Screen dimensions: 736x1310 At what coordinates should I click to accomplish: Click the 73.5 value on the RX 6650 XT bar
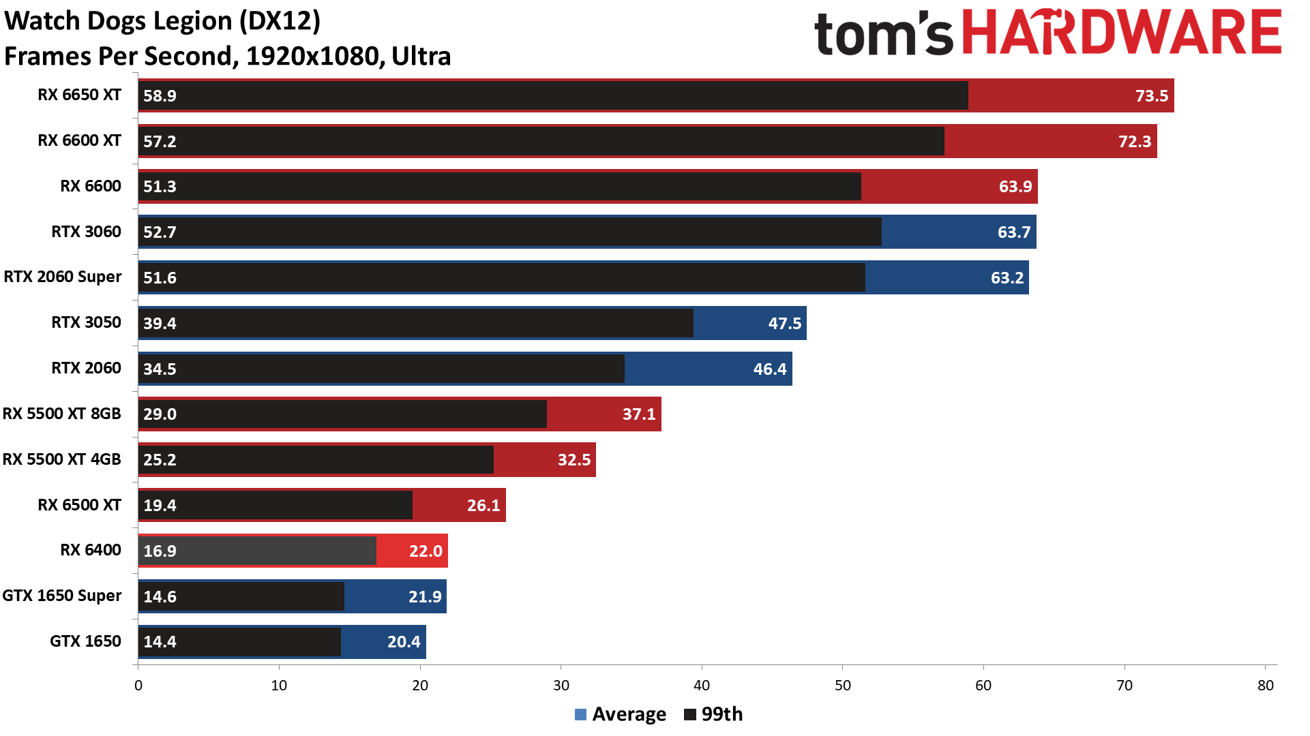[1151, 96]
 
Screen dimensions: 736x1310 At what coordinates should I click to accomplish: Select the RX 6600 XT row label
[79, 140]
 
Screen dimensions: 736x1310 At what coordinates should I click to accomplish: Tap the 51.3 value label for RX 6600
[160, 187]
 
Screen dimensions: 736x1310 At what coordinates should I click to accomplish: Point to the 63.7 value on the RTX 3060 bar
[1013, 232]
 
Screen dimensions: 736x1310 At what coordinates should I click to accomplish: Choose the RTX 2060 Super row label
[63, 277]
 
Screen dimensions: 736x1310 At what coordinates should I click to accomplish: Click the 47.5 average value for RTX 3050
[784, 323]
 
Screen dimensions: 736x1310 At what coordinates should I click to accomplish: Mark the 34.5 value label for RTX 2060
[160, 369]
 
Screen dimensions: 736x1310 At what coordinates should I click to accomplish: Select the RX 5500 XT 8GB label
[62, 414]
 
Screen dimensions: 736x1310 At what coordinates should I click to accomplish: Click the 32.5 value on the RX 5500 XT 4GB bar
[574, 460]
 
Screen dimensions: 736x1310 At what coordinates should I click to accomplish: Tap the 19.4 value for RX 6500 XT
[160, 506]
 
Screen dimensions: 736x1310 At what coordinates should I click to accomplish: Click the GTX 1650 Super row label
[62, 596]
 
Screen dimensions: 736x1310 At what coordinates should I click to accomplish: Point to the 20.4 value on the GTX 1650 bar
[403, 642]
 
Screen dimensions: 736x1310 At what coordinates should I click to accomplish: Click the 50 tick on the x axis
[842, 686]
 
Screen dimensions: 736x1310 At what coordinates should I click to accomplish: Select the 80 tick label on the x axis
[1265, 686]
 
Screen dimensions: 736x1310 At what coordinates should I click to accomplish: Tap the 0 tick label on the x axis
[138, 686]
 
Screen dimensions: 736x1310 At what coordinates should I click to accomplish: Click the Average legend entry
[620, 714]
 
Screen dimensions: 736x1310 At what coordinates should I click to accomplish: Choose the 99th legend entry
[713, 714]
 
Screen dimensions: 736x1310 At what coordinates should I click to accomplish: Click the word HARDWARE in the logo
[1122, 33]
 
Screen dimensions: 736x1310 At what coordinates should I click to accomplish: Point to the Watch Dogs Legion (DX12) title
[162, 21]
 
